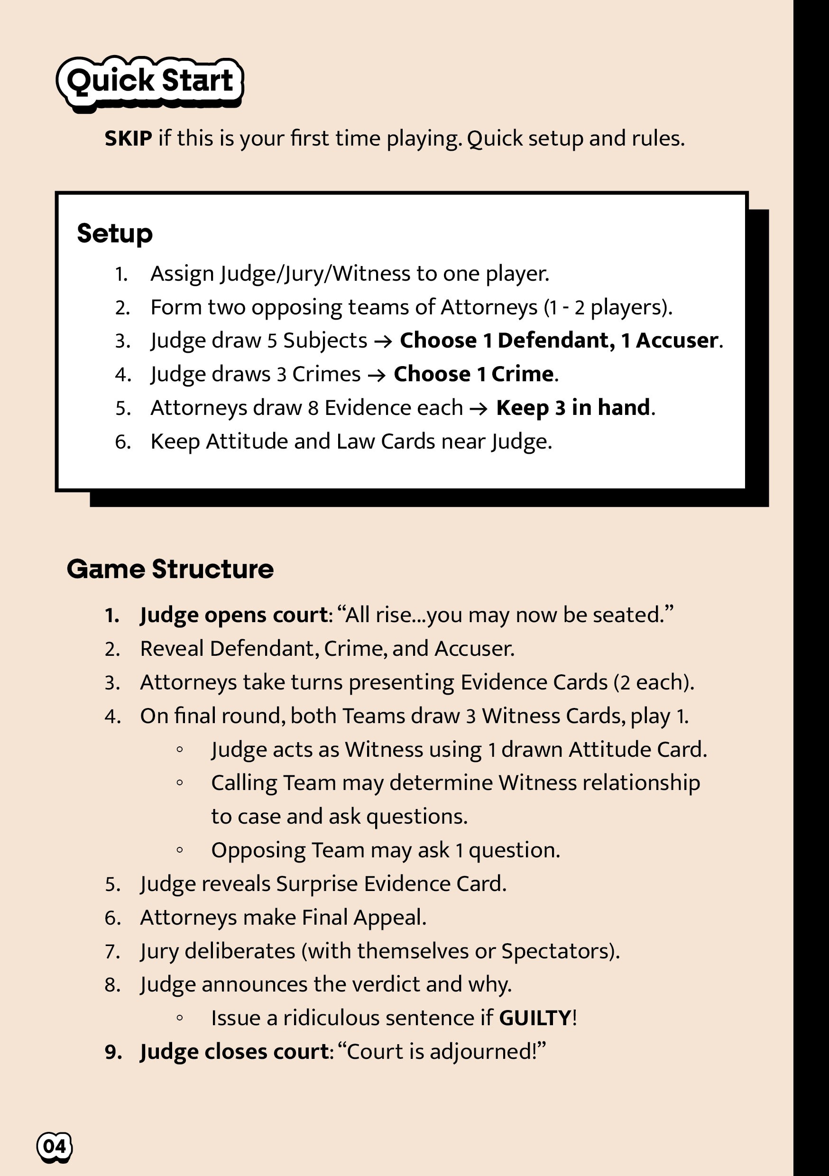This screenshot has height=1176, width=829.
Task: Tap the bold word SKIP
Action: point(128,138)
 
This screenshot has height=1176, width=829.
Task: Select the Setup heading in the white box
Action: point(115,234)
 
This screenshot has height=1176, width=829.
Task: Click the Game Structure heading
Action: point(170,569)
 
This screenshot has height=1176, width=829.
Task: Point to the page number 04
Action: point(55,1146)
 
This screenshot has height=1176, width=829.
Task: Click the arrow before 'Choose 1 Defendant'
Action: point(383,341)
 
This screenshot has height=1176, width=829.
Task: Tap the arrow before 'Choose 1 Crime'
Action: point(377,375)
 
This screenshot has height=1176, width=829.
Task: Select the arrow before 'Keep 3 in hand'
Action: point(479,408)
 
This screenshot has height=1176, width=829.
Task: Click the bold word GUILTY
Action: point(535,1018)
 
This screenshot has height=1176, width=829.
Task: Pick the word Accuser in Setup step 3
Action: point(677,340)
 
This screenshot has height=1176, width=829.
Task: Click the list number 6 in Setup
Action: point(122,441)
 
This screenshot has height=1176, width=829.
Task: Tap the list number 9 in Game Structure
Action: point(113,1052)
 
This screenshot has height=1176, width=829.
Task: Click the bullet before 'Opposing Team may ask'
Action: point(180,850)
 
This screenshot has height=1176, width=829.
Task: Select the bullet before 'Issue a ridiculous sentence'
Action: point(180,1018)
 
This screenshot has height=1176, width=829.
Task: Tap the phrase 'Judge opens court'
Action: point(234,615)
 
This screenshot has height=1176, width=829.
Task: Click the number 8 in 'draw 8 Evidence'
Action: point(313,408)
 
